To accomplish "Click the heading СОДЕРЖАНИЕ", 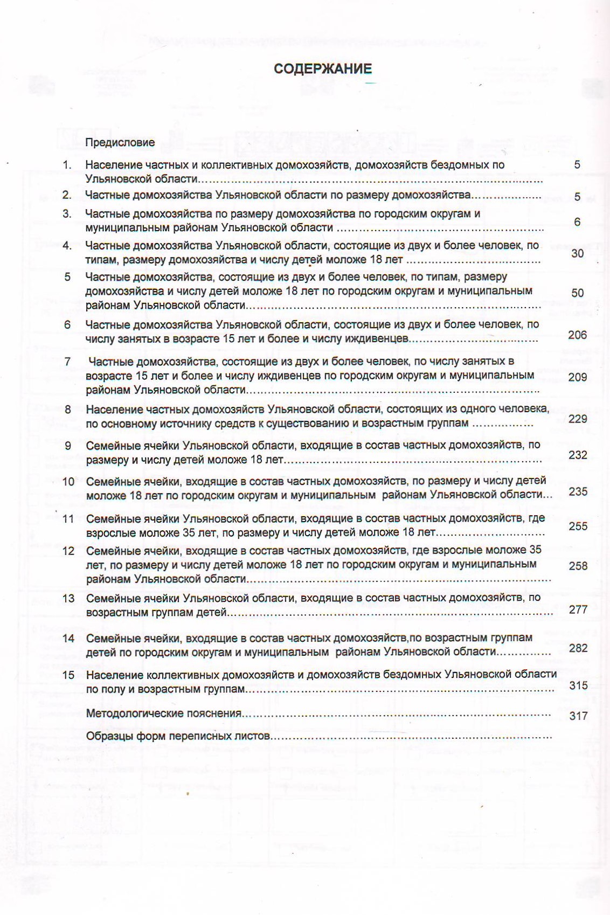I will [322, 69].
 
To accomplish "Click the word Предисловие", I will [120, 142].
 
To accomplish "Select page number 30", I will [577, 253].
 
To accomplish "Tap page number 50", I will [577, 293].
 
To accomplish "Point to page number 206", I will [577, 335].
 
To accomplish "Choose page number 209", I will [577, 377].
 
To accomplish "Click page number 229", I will [578, 419].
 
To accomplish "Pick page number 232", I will [578, 455].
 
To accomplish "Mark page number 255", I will [578, 526].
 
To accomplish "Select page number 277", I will [578, 609].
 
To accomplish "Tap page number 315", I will [578, 685].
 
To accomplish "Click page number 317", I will [578, 716].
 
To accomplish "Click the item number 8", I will [68, 409].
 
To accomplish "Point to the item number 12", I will [68, 551].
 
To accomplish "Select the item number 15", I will [68, 675].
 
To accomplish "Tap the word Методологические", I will [135, 713].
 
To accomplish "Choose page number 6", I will [577, 221].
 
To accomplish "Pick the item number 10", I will [68, 481].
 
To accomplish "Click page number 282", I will [578, 648].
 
